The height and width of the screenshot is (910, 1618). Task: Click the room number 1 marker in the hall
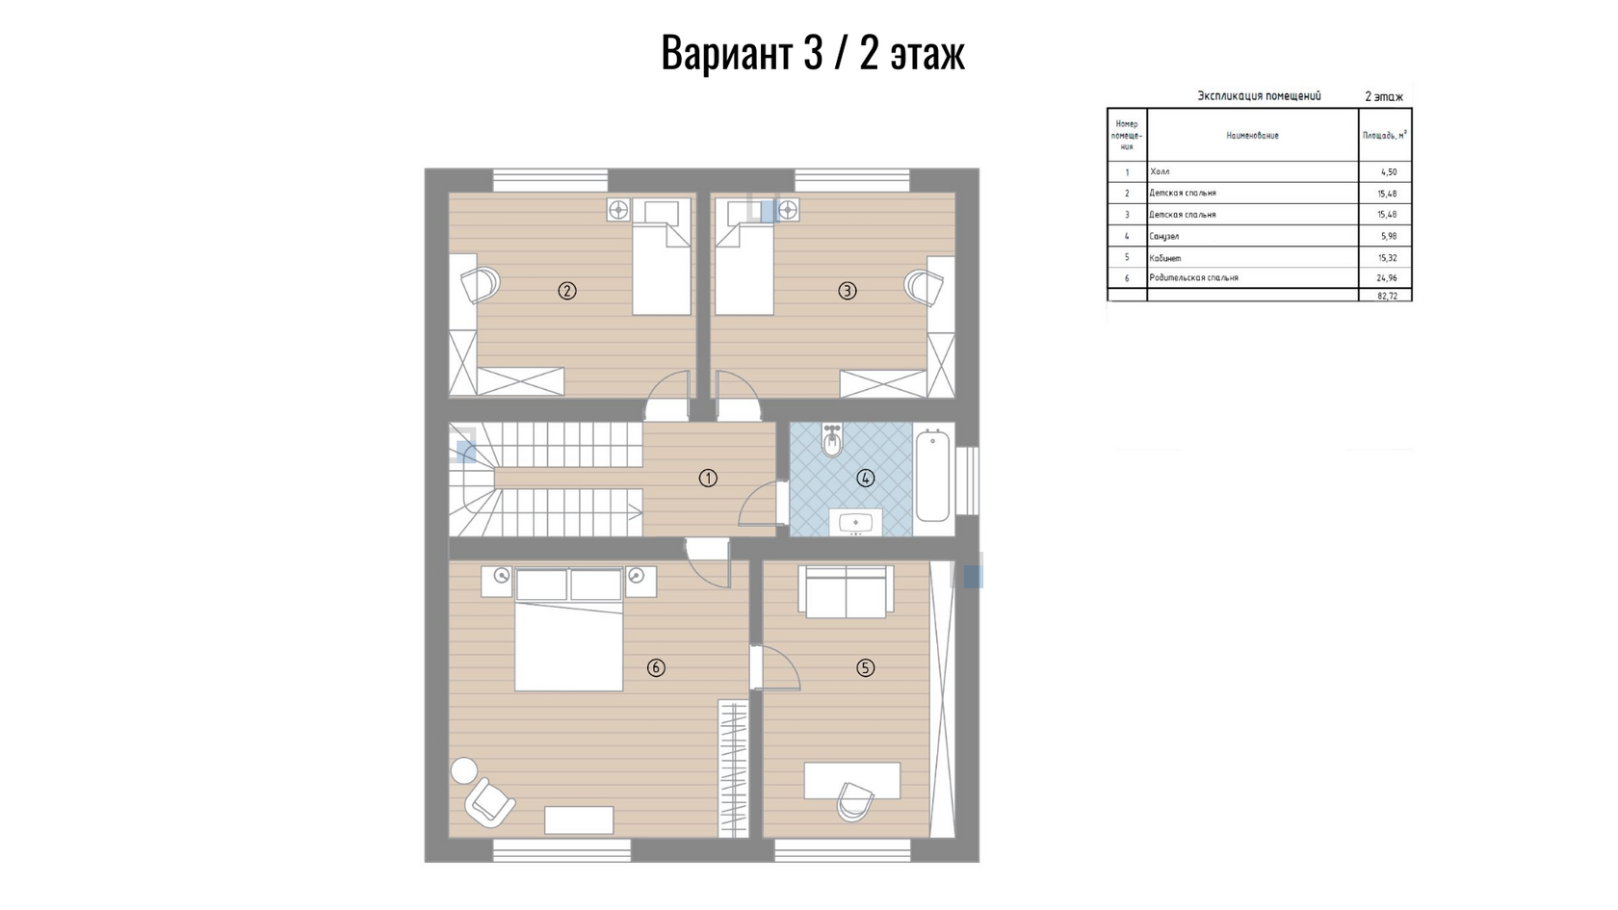(708, 478)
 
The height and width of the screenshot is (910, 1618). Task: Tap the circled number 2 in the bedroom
(567, 291)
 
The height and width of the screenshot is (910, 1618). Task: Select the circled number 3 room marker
(848, 291)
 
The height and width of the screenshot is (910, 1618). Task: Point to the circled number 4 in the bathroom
(865, 478)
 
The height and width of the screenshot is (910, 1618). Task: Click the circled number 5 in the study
(865, 668)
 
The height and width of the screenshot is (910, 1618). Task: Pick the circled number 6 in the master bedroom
(656, 668)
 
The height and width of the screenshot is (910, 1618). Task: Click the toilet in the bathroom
(832, 440)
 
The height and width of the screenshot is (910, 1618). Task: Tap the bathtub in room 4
(932, 476)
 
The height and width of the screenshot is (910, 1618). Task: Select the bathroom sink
(856, 522)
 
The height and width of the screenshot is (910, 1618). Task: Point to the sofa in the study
(846, 591)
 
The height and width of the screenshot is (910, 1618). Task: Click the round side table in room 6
(464, 770)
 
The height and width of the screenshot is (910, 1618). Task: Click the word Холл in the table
(1160, 171)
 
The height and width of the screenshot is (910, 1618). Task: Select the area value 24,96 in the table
(1387, 278)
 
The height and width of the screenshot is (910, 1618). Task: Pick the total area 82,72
(1387, 297)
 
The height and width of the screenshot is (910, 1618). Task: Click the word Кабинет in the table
(1165, 258)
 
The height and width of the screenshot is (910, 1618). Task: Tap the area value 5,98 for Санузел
(1389, 236)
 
